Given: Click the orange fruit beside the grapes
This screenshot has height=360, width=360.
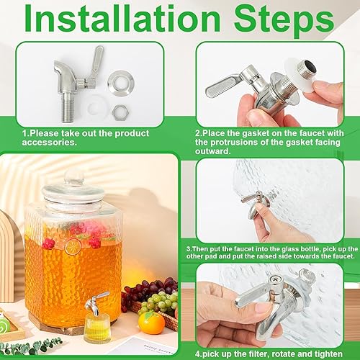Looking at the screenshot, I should click(151, 322).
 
